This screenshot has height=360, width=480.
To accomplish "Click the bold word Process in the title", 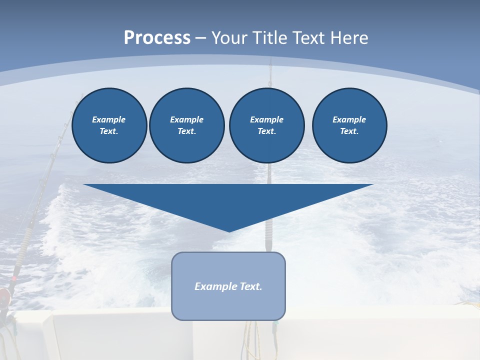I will (x=157, y=38).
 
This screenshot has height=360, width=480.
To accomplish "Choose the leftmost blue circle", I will (x=109, y=125).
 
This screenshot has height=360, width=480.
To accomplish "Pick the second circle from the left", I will (x=186, y=125).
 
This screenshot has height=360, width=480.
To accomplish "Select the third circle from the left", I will (x=266, y=125).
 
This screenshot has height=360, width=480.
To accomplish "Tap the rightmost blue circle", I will (x=349, y=125).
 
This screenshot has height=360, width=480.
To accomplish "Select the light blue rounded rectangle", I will (x=228, y=286).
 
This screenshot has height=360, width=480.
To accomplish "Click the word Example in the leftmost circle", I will (x=109, y=120).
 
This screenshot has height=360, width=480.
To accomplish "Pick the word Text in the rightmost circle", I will (x=349, y=131).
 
